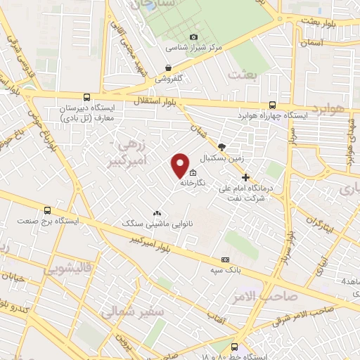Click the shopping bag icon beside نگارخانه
[193, 173]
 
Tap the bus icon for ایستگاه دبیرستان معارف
[86, 98]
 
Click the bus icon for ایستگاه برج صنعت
[48, 210]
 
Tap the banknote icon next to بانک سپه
[224, 259]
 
